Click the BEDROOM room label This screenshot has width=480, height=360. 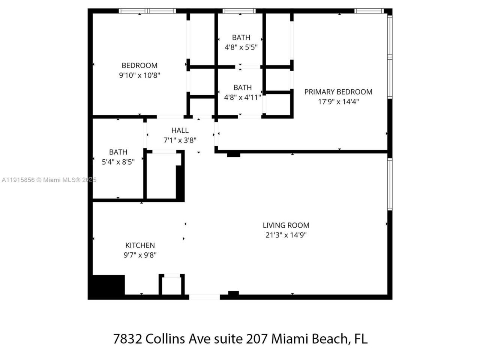pos(139,65)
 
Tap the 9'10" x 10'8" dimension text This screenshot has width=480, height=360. pos(139,75)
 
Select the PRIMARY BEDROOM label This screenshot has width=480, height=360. pos(338,92)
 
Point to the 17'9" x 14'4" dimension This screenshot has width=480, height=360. pos(338,101)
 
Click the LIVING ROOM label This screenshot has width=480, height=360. pos(286,225)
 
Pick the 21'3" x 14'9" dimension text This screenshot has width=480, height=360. pos(286,235)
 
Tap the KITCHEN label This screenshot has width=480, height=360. pos(140,245)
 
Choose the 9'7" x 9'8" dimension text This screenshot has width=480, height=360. pos(140,255)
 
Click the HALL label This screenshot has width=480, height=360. pos(180,130)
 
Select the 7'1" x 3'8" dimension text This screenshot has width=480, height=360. pos(180,140)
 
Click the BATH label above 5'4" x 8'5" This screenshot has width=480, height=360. pos(118,152)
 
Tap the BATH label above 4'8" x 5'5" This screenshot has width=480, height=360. pos(241,37)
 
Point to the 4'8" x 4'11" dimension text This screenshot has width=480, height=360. pos(242,97)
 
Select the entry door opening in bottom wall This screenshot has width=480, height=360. pos(204,297)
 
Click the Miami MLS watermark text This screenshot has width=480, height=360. pos(49,180)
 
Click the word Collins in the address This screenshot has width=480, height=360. pos(165,339)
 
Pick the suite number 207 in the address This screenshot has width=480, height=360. pos(257,339)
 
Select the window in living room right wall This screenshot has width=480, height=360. pos(390,184)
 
